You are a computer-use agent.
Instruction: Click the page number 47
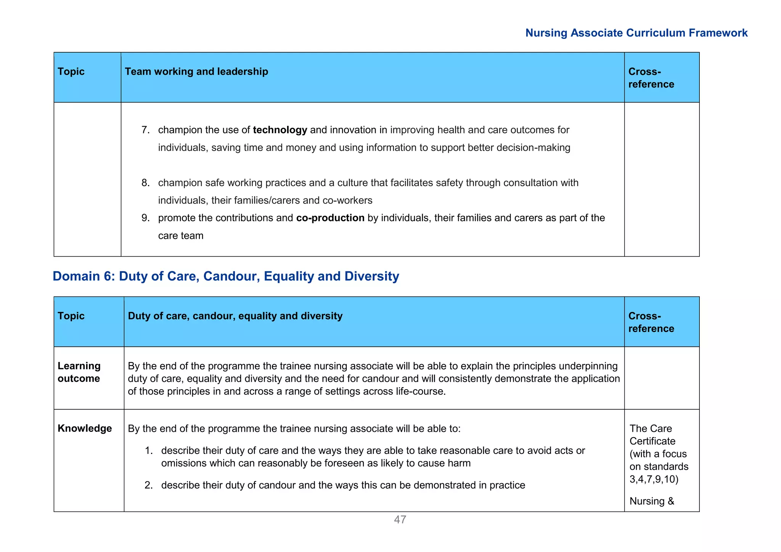[x=400, y=520]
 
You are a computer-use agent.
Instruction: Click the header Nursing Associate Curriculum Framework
[x=636, y=33]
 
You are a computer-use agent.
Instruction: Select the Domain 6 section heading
[x=226, y=276]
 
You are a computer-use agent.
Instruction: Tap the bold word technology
[x=280, y=130]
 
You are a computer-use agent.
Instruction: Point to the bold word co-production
[x=330, y=218]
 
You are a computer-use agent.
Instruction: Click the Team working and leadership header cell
[x=196, y=72]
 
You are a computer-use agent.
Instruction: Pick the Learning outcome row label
[x=79, y=372]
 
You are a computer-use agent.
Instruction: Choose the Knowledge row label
[x=85, y=428]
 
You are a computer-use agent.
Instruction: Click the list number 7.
[x=145, y=130]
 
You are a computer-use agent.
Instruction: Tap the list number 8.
[x=145, y=183]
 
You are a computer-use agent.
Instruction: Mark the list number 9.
[x=145, y=218]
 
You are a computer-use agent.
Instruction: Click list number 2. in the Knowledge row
[x=148, y=485]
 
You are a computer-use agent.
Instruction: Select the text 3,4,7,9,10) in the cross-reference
[x=654, y=479]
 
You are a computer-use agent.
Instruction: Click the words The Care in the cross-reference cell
[x=651, y=428]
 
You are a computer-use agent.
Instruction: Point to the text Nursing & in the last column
[x=652, y=501]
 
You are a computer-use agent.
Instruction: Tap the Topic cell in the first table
[x=71, y=72]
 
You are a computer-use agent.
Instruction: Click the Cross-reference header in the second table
[x=651, y=322]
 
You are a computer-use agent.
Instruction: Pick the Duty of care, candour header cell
[x=235, y=316]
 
